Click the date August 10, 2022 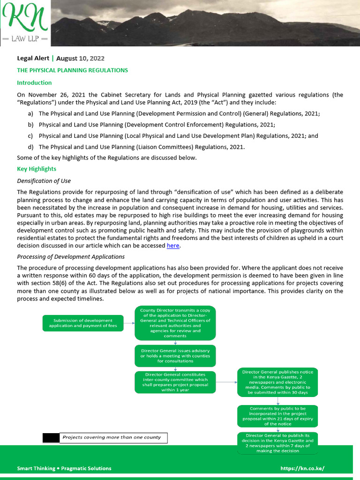point(80,59)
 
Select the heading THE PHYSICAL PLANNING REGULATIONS point(72,70)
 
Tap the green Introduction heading point(34,83)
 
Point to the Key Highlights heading point(37,169)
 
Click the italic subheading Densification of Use point(44,181)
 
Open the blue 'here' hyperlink point(173,246)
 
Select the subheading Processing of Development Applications point(71,257)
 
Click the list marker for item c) point(30,136)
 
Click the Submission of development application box point(83,323)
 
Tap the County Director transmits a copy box point(175,323)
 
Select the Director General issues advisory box point(175,356)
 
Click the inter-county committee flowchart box point(175,382)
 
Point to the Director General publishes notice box point(277,382)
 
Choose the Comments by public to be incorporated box point(277,416)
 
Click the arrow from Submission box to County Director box point(129,323)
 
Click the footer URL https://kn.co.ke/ point(302,468)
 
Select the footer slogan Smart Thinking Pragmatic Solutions point(64,468)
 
